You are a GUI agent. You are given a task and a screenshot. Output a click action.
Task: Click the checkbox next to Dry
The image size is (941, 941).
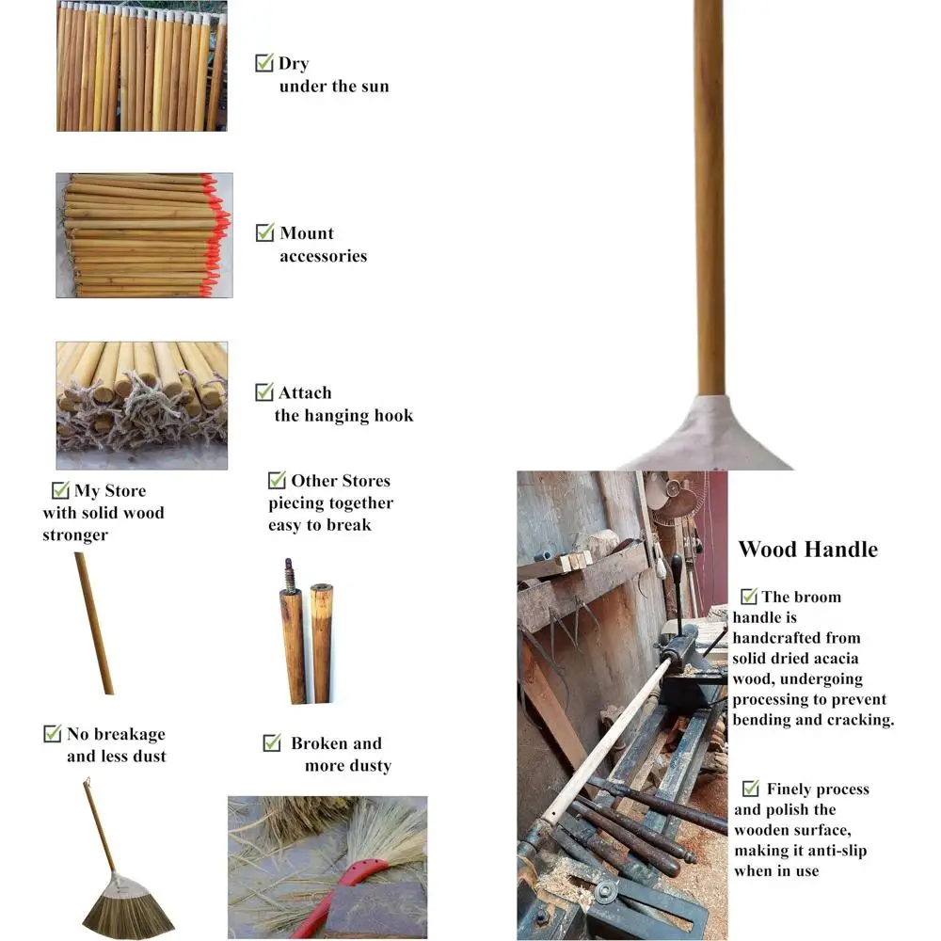coord(264,63)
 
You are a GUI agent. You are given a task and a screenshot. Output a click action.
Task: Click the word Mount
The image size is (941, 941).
coord(307,233)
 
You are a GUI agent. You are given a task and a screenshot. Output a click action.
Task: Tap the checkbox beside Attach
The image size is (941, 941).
coord(264,392)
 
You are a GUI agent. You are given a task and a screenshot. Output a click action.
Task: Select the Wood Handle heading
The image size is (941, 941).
coord(807,550)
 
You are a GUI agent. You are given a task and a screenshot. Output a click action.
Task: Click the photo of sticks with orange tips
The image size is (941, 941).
coord(143,235)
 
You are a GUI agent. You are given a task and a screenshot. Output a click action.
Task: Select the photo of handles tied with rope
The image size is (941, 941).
coord(141,405)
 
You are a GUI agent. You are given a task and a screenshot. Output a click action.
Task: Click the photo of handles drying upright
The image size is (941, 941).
coord(141,66)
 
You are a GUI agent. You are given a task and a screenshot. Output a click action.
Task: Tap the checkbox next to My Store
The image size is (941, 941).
coord(60,490)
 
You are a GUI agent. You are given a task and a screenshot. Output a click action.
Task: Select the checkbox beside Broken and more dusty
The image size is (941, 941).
coord(272,743)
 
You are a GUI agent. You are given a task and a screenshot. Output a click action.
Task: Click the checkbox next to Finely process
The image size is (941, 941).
coord(750,789)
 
